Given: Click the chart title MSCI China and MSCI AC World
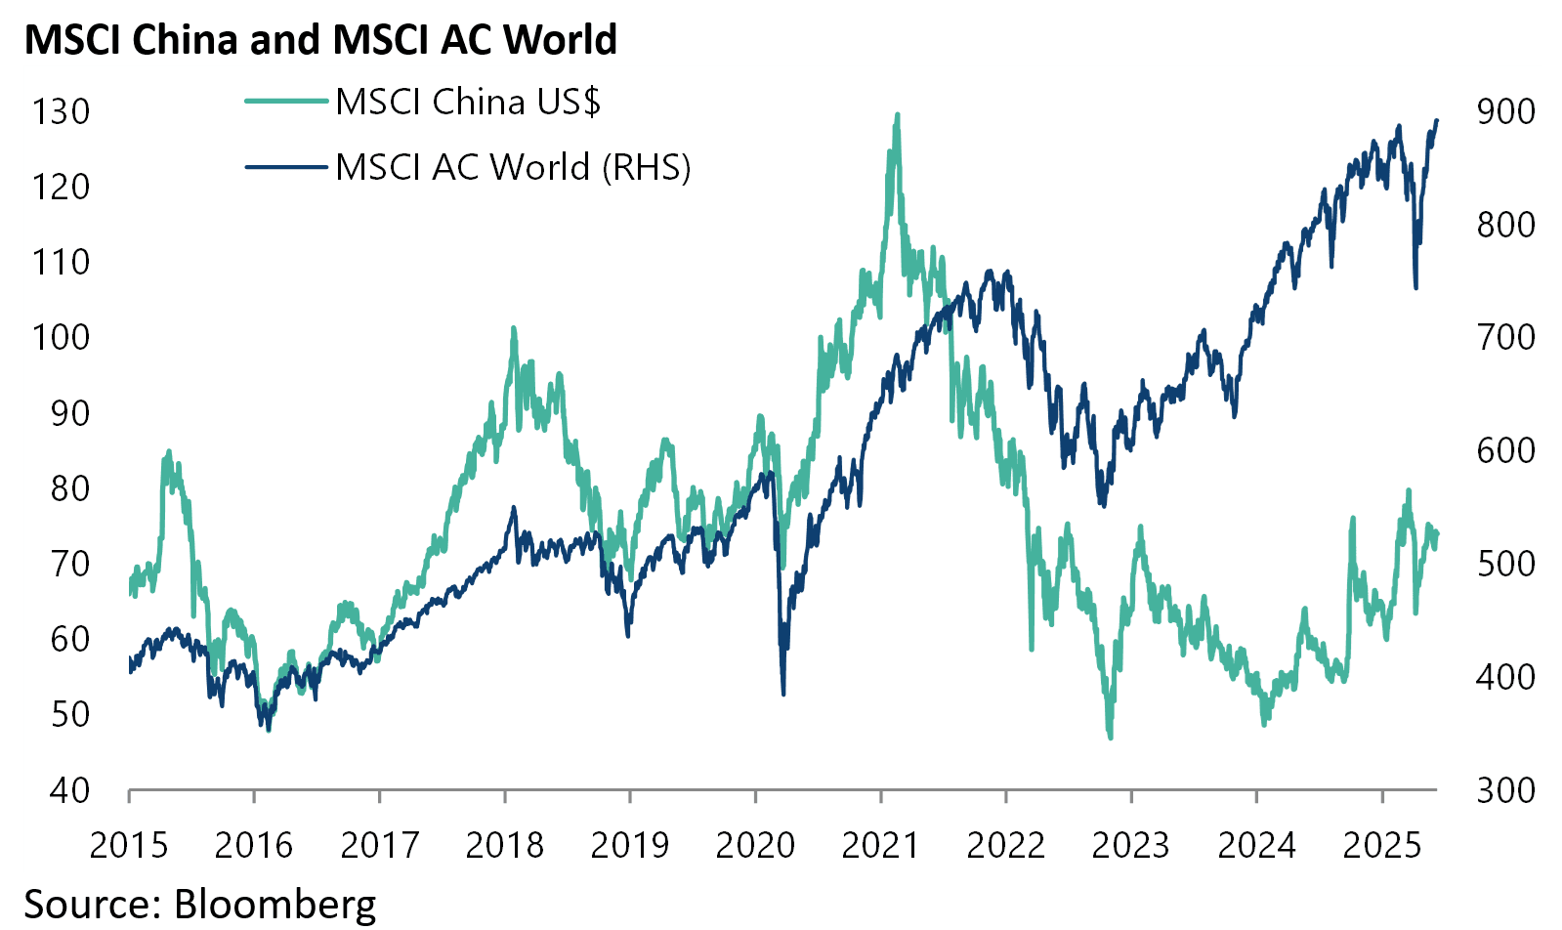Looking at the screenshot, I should click(320, 40).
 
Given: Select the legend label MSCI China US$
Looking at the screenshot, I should click(467, 102).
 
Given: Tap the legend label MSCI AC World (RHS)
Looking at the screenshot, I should click(513, 167).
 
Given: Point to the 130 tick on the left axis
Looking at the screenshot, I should click(61, 111).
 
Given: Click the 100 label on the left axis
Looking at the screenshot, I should click(61, 338).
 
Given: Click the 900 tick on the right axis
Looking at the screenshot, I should click(1505, 111).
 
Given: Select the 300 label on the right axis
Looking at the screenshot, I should click(1505, 789).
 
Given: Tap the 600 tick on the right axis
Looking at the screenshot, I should click(1505, 450).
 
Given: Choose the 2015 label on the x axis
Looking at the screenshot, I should click(129, 845).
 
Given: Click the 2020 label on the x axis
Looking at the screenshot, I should click(755, 845).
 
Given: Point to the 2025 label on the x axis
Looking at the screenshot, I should click(1381, 845).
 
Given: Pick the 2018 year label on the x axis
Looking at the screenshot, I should click(504, 845).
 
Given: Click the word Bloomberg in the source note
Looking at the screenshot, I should click(275, 904).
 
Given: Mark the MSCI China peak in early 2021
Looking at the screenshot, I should click(897, 115).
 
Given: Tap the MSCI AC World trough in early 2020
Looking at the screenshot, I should click(783, 694).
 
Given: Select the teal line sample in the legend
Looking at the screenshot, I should click(286, 101).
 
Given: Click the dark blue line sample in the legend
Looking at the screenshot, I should click(286, 167).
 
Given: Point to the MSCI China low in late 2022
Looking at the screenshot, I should click(1110, 738).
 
